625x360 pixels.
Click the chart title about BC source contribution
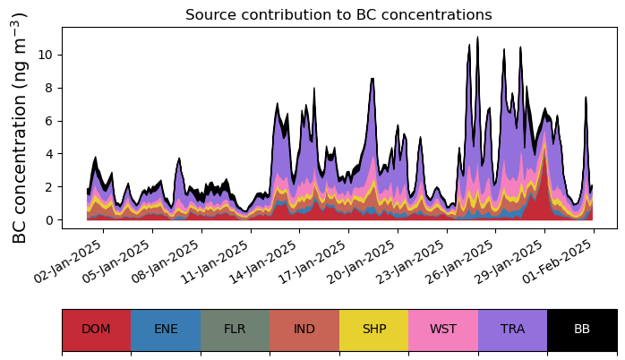[x=338, y=15]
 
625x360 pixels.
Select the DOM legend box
[x=96, y=330]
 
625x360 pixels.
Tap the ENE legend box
[x=166, y=330]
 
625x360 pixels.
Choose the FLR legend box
[x=235, y=330]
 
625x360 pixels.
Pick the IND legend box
[x=304, y=330]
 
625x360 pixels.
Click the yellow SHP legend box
[x=373, y=330]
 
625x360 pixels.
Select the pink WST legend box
[x=443, y=330]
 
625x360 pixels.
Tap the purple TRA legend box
[x=512, y=330]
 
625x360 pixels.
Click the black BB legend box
[x=582, y=330]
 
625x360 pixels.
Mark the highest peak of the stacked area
[x=477, y=38]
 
